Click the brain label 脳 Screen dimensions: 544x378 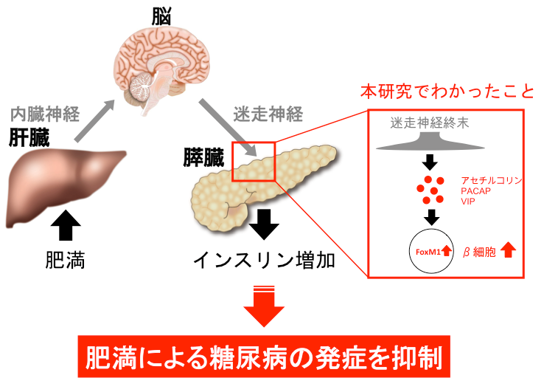(161, 17)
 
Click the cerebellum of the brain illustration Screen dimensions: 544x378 (142, 86)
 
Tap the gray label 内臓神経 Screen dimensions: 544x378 (45, 114)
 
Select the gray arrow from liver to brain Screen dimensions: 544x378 (94, 120)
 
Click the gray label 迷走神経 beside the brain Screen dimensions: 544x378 (268, 114)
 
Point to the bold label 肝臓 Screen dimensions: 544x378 (29, 137)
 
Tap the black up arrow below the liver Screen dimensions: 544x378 (66, 224)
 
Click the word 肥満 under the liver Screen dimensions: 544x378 (65, 260)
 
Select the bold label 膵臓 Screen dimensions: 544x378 (204, 158)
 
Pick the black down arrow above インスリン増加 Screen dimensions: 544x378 (264, 224)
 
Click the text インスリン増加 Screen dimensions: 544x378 (265, 260)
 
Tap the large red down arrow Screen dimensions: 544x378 (264, 306)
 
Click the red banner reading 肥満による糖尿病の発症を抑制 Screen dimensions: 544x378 (264, 357)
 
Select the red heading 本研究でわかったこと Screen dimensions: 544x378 (447, 92)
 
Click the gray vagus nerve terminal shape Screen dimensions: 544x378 (430, 143)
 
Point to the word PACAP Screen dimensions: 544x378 (475, 191)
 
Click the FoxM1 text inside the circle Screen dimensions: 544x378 (428, 252)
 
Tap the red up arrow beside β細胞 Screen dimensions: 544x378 (509, 250)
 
